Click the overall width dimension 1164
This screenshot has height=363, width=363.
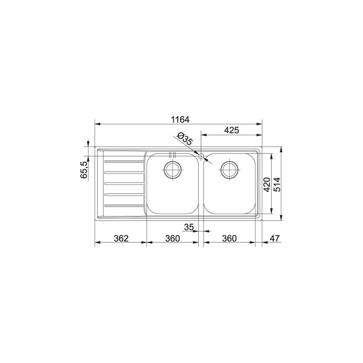pos(180,119)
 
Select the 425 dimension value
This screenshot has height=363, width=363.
pos(231,130)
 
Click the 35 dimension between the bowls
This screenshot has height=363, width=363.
pos(190,226)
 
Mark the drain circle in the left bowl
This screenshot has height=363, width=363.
pos(173,170)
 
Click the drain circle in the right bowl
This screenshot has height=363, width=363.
pos(230,170)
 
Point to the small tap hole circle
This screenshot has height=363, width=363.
pos(201,156)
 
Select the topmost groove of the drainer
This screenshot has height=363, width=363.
pos(124,161)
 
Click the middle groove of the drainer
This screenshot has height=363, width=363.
pos(124,183)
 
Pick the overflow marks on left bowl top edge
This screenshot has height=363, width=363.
pos(172,153)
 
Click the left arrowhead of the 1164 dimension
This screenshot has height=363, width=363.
pos(97,123)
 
